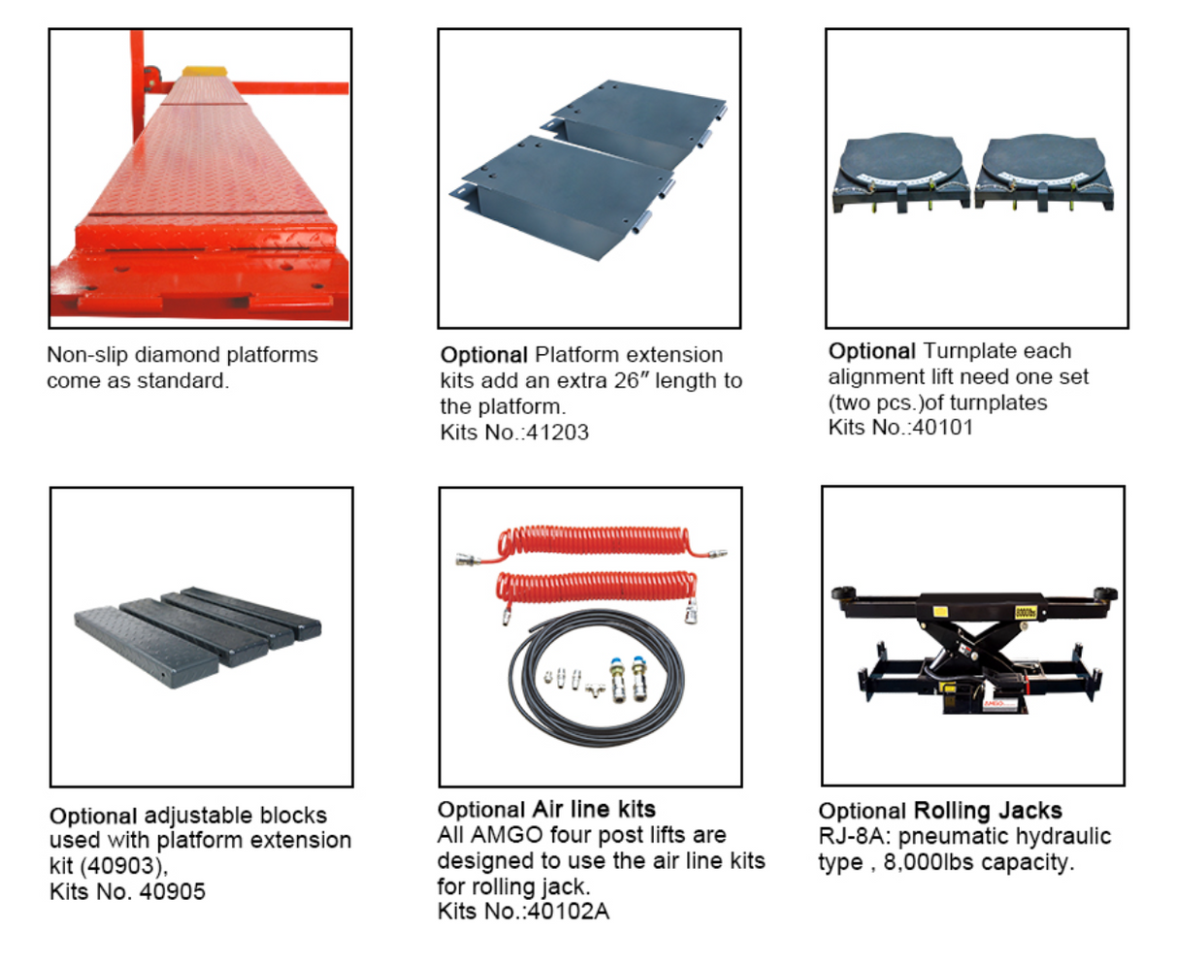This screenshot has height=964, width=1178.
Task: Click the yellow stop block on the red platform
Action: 205,71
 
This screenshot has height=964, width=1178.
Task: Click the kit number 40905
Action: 172,891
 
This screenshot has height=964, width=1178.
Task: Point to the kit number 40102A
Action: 568,912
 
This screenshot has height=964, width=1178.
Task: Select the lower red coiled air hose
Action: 597,589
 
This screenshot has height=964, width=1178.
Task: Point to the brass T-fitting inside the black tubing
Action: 596,690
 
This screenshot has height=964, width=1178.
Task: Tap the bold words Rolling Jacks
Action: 988,811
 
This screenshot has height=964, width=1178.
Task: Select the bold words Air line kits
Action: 594,809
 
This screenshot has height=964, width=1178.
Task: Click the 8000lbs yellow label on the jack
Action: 1026,612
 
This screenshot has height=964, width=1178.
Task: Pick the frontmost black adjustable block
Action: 147,648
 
